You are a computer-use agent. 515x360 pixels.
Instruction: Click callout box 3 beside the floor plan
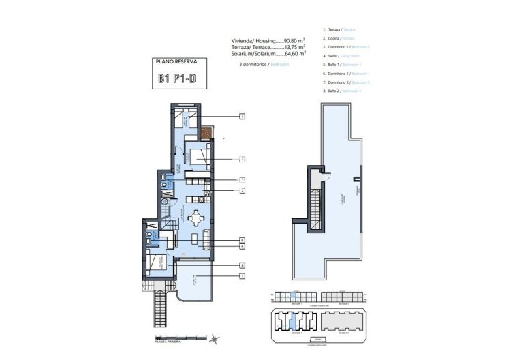(242, 117)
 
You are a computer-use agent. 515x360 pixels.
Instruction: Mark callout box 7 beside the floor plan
(242, 160)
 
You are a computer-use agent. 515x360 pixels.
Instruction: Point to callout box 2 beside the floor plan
(242, 190)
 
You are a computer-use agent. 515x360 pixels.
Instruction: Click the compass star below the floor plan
(215, 339)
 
